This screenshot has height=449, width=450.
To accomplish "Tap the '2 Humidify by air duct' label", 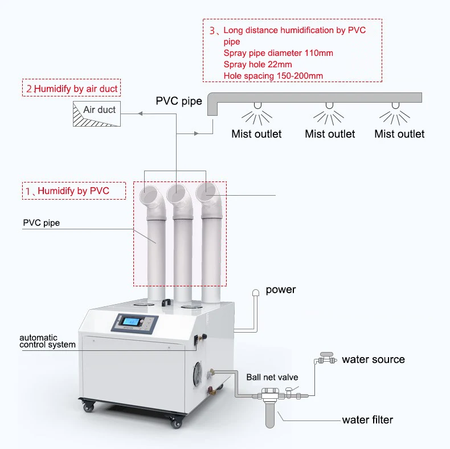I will [73, 89].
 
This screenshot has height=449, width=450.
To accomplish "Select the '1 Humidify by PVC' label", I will [73, 191].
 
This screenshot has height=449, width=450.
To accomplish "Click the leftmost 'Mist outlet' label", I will [256, 134].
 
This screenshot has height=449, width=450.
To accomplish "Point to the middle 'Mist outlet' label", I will [330, 134].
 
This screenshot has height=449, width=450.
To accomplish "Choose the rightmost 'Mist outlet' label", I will [399, 134].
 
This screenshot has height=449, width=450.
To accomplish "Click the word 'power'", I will [281, 290].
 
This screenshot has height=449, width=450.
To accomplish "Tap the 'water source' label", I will [373, 359].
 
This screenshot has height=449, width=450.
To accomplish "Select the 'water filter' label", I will [367, 420].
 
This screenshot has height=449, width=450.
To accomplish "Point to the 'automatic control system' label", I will [47, 341].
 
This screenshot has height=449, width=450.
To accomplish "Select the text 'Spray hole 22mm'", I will [257, 64].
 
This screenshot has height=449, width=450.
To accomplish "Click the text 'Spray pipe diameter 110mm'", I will [278, 53].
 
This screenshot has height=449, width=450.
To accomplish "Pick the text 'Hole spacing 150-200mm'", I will [274, 76].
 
